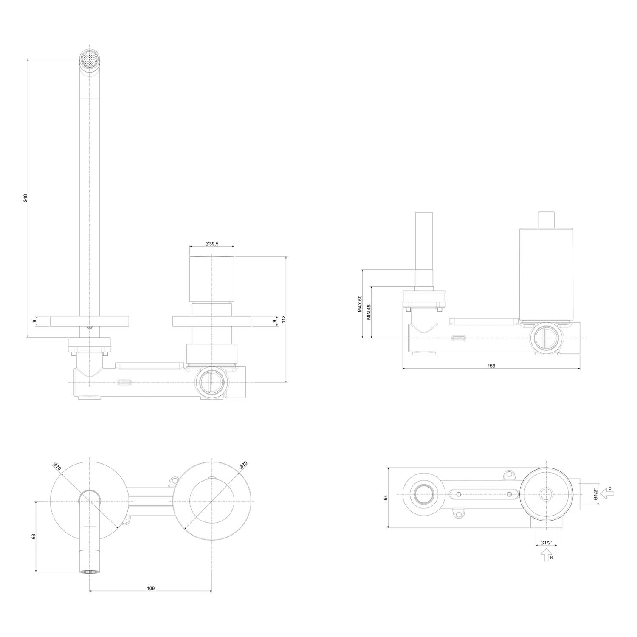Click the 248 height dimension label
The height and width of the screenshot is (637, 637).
[x=25, y=198]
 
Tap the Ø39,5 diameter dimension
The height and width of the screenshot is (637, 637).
[x=211, y=243]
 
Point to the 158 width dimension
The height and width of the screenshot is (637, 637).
[x=491, y=366]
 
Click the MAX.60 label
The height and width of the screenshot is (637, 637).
[x=359, y=304]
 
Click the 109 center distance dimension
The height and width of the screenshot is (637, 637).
[x=151, y=588]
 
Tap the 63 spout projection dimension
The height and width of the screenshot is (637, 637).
[x=33, y=536]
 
